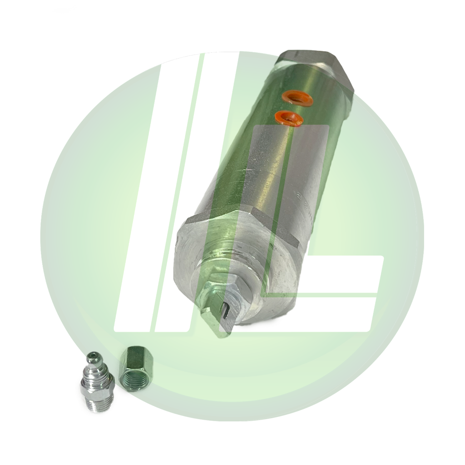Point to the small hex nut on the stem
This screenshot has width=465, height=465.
tap(223, 291)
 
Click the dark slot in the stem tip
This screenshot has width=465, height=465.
tap(226, 311)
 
